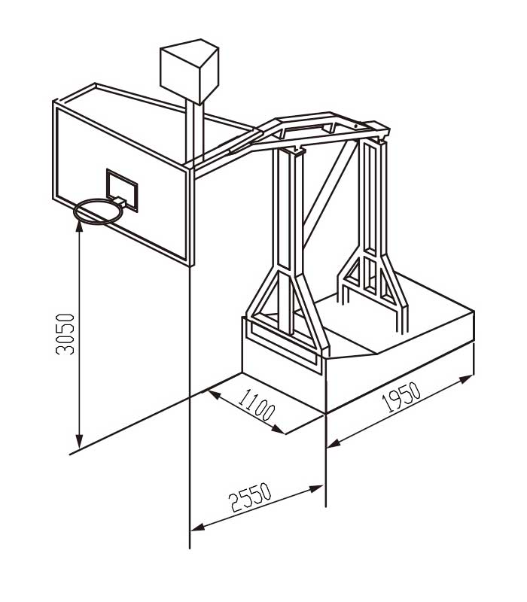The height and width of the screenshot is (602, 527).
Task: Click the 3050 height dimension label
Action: point(65,334)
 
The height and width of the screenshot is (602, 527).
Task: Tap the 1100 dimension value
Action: point(256,406)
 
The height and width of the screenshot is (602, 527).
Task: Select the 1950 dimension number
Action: point(401,397)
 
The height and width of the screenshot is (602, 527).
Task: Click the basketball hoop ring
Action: point(99,211)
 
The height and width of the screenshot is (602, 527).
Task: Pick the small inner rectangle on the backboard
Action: point(122,190)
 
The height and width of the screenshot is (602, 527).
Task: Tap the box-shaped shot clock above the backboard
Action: point(190,71)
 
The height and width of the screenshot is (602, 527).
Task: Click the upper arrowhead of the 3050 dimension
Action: point(79,226)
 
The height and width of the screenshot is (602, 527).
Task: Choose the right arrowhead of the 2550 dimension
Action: point(316,488)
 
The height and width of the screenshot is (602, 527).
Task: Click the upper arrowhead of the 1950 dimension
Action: point(467,379)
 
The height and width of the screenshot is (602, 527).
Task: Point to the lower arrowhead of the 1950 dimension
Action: point(334,443)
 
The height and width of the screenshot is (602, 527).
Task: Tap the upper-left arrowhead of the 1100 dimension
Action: point(214,394)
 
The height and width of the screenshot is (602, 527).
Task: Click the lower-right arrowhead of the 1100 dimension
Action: point(279,430)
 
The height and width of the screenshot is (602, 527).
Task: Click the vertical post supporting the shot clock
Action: point(194,130)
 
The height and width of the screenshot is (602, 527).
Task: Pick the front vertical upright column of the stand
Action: point(289,242)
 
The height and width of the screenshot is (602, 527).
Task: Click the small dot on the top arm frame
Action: point(356,126)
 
